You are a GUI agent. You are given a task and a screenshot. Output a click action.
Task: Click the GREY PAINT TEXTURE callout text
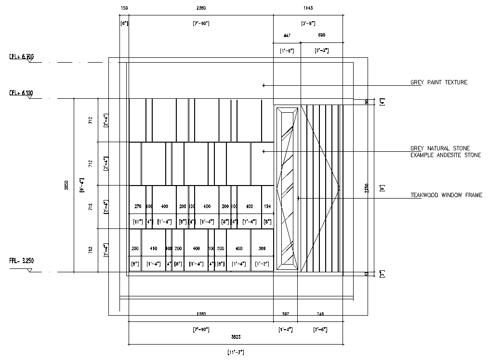pyautogui.click(x=438, y=82)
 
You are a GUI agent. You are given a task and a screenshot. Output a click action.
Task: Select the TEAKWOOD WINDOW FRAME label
pyautogui.click(x=446, y=195)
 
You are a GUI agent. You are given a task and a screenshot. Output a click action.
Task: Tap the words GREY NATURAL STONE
pyautogui.click(x=440, y=148)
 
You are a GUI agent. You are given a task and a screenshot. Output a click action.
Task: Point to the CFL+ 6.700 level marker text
pyautogui.click(x=21, y=57)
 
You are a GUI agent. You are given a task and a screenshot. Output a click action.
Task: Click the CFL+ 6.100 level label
pyautogui.click(x=21, y=93)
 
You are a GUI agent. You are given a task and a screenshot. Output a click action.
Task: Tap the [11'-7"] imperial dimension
pyautogui.click(x=236, y=352)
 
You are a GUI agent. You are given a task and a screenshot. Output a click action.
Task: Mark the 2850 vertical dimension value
pyautogui.click(x=67, y=185)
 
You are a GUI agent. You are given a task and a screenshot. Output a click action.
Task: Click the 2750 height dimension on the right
pyautogui.click(x=366, y=188)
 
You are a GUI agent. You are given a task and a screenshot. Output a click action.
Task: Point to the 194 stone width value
pyautogui.click(x=267, y=206)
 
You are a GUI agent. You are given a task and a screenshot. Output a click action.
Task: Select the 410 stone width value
pyautogui.click(x=154, y=249)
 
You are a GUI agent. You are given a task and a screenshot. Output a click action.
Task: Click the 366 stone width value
pyautogui.click(x=262, y=249)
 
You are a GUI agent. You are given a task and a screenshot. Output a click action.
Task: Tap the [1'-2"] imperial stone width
pyautogui.click(x=262, y=264)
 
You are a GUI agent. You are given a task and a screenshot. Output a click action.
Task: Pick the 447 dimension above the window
pyautogui.click(x=287, y=36)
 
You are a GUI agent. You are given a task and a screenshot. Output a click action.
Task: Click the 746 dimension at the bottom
pyautogui.click(x=320, y=314)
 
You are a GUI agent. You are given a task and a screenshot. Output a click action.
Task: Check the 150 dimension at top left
pyautogui.click(x=124, y=8)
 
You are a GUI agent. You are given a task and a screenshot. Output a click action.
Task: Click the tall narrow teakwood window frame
pyautogui.click(x=287, y=188)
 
